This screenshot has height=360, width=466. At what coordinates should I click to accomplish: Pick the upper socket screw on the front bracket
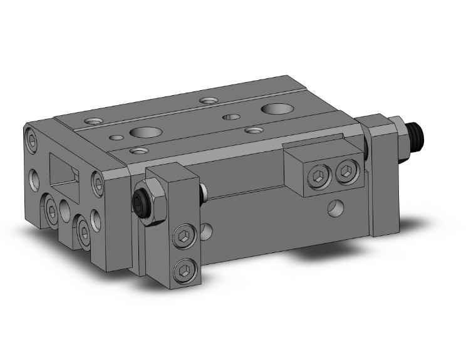184,237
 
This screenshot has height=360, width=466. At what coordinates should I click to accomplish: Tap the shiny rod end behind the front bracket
204,193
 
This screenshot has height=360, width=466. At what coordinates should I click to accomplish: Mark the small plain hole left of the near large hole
115,137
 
